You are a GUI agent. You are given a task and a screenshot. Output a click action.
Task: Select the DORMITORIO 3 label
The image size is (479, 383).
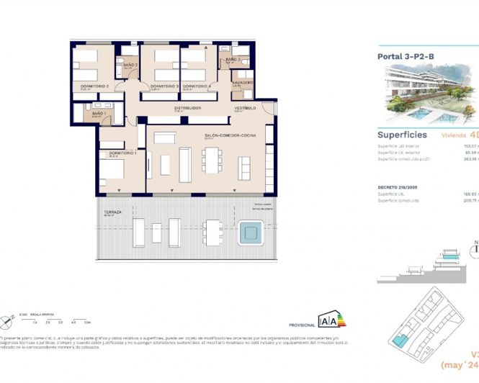pyautogui.click(x=164, y=86)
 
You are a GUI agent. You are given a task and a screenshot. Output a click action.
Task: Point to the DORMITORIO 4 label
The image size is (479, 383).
pyautogui.click(x=196, y=86)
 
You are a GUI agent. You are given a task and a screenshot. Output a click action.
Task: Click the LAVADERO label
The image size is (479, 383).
pyautogui.click(x=242, y=83)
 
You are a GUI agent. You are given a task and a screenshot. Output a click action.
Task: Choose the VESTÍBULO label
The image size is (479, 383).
pyautogui.click(x=245, y=108)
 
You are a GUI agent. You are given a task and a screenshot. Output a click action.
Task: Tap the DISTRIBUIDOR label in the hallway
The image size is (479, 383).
pyautogui.click(x=187, y=108)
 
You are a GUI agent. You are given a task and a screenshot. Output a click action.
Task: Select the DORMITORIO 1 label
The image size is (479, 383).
pyautogui.click(x=122, y=153)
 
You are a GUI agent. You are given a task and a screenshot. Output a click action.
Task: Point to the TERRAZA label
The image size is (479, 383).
pyautogui.click(x=112, y=212)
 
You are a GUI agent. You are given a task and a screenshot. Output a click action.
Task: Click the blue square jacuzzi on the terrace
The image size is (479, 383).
pyautogui.click(x=251, y=232)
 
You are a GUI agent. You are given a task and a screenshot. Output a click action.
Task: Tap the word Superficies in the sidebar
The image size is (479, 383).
pyautogui.click(x=402, y=135)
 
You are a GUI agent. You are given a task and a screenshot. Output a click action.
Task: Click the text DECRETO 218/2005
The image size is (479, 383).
pyautogui.click(x=398, y=186)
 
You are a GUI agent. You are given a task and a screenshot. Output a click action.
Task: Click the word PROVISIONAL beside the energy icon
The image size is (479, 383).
pyautogui.click(x=301, y=325)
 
